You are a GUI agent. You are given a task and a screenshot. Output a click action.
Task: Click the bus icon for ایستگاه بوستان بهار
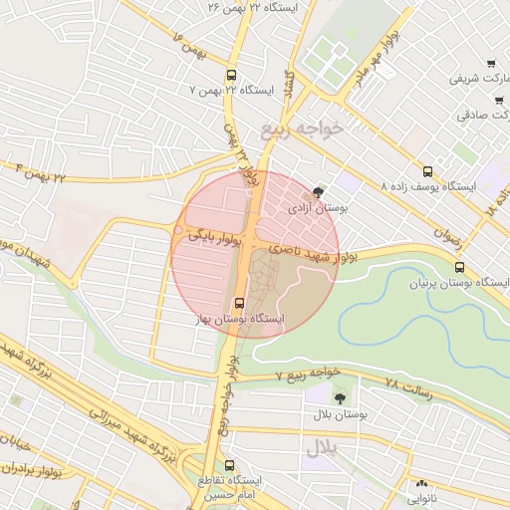click(x=238, y=304)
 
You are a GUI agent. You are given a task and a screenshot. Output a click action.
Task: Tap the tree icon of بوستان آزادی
click(x=318, y=192)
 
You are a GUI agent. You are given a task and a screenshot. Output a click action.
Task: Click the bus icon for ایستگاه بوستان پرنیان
click(x=459, y=267)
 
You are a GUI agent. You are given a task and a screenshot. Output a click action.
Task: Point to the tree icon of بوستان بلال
click(x=341, y=397)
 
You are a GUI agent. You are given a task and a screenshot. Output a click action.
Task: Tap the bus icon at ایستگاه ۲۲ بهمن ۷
click(x=232, y=75)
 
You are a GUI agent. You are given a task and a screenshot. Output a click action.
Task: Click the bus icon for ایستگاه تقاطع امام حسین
click(x=230, y=465)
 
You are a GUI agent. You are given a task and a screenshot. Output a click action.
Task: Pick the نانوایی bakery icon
click(x=419, y=488)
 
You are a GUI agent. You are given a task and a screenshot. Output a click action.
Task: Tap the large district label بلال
click(x=323, y=449)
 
